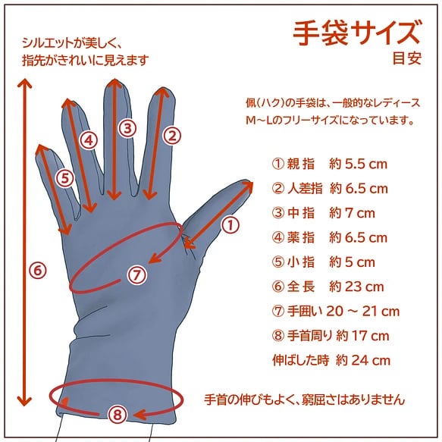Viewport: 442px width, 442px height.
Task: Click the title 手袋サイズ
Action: [356, 33]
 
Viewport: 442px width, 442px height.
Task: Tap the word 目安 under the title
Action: [407, 58]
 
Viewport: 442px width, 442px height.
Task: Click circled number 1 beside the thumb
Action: [230, 225]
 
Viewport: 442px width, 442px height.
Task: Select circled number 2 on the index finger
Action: [172, 136]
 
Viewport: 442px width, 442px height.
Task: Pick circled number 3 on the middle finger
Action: [127, 128]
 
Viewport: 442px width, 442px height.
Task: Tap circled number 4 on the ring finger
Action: [89, 140]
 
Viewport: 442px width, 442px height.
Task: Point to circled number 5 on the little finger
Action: [65, 178]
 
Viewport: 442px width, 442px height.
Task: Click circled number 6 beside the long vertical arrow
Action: [38, 271]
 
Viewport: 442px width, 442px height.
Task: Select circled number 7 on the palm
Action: [136, 275]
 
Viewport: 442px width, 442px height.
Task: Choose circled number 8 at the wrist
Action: [118, 415]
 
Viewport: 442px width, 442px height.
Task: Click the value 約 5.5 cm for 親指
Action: [358, 164]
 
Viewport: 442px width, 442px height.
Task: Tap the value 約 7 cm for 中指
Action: [352, 213]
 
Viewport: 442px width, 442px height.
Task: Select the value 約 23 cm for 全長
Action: [356, 287]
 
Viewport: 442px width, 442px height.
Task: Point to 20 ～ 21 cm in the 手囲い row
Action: [363, 311]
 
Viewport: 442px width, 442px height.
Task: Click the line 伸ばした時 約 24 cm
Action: [331, 360]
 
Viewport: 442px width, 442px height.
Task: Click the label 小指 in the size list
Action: [301, 262]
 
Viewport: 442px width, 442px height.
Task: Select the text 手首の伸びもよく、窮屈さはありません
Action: [305, 400]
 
